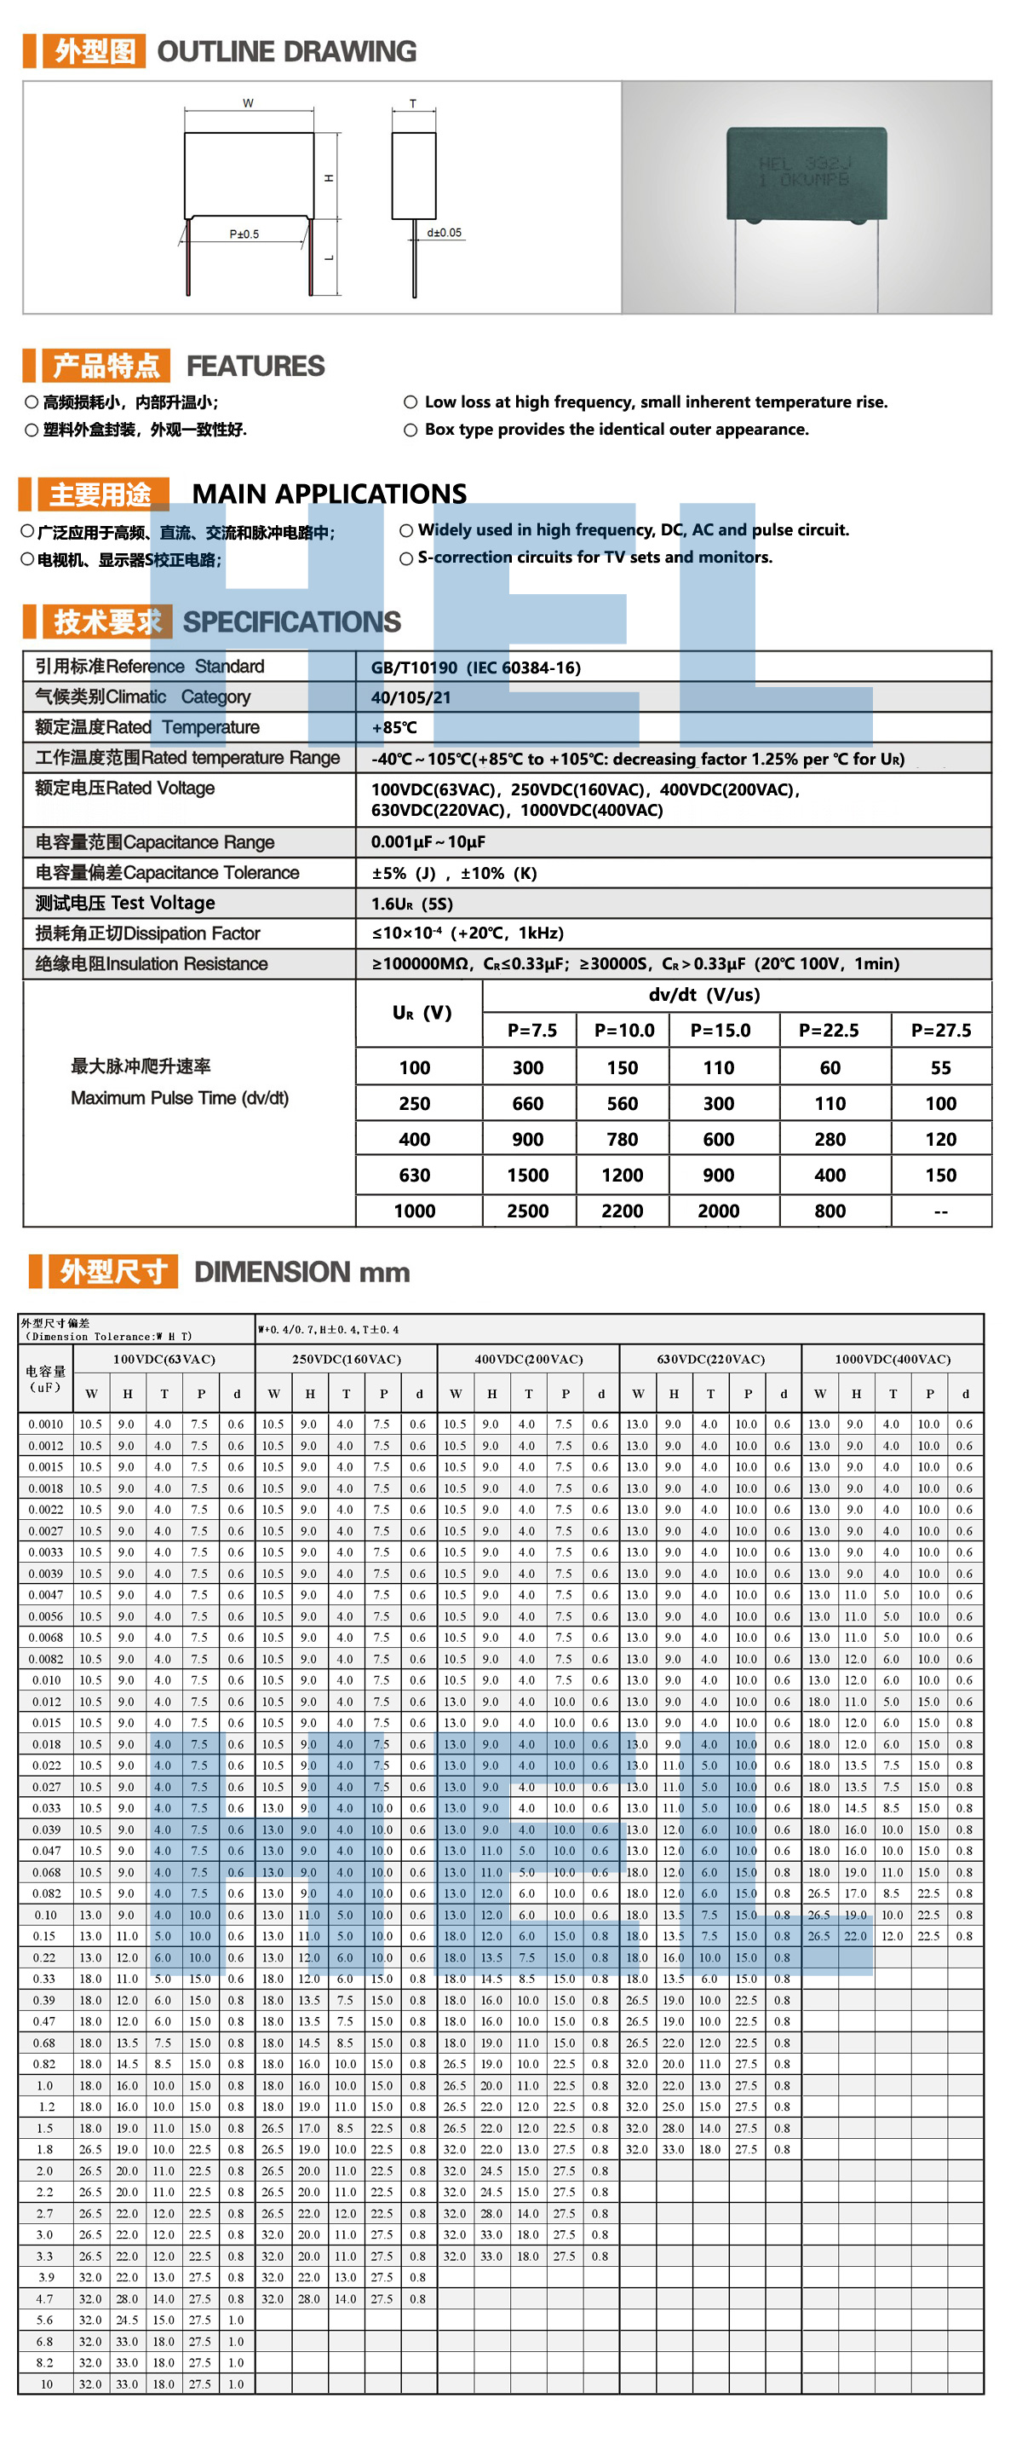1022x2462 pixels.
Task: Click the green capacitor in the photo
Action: click(x=807, y=173)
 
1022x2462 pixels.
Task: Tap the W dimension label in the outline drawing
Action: click(x=249, y=103)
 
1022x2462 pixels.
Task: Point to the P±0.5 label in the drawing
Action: click(x=244, y=234)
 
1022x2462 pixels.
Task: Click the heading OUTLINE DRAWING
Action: click(x=286, y=52)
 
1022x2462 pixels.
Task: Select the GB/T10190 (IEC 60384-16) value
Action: click(x=476, y=668)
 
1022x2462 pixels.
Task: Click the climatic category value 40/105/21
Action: click(x=411, y=697)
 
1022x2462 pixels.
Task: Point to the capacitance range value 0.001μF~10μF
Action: click(x=428, y=842)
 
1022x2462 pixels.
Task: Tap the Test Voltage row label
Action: click(x=125, y=903)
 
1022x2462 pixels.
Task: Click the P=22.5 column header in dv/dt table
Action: click(x=828, y=1031)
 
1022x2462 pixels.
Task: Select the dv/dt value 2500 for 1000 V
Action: click(x=527, y=1211)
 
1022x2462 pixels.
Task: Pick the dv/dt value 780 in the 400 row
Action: click(x=622, y=1139)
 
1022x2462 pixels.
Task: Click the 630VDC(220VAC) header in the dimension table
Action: click(x=709, y=1359)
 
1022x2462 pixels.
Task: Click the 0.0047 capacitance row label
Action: click(x=45, y=1595)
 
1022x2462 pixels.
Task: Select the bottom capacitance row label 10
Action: click(x=46, y=2384)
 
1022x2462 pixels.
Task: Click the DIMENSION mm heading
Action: click(x=301, y=1272)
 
